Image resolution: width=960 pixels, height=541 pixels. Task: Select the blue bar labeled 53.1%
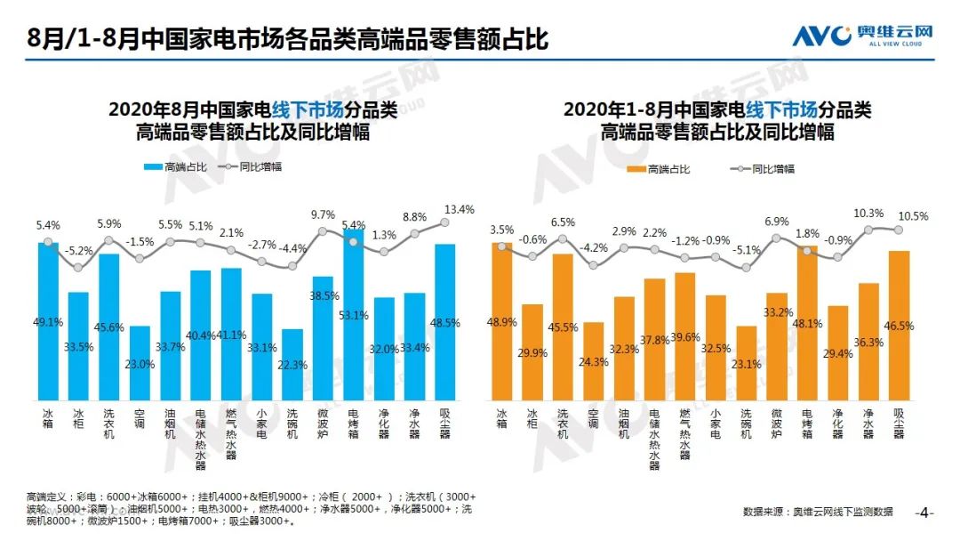click(354, 316)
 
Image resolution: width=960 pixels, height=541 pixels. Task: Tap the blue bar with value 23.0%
click(140, 364)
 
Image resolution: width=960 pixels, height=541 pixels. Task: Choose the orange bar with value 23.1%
click(747, 364)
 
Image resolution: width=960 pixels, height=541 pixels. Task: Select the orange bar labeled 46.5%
click(899, 326)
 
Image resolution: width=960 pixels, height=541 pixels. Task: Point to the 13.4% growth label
click(460, 209)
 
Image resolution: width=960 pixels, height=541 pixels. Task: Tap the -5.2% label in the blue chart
click(79, 251)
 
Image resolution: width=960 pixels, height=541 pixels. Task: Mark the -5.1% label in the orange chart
click(746, 250)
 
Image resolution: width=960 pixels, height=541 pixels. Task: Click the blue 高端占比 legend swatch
click(152, 166)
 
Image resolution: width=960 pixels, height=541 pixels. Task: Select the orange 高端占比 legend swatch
click(636, 169)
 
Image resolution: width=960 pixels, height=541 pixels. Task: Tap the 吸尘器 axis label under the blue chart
click(446, 423)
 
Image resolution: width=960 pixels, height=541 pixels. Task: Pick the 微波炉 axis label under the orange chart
click(777, 423)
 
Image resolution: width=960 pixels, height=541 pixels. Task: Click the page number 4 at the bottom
click(924, 513)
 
